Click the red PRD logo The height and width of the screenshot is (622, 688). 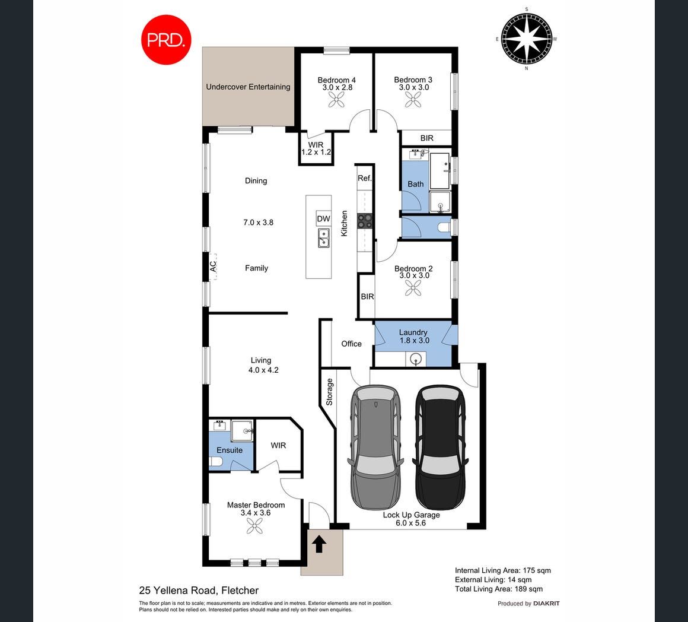[x=166, y=40]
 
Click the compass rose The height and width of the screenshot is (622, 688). [x=527, y=39]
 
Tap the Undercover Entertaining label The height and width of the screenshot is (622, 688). [x=248, y=87]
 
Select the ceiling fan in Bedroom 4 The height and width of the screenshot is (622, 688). [x=336, y=100]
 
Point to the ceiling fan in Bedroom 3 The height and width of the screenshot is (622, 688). [x=413, y=100]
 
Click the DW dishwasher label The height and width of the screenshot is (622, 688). [x=323, y=218]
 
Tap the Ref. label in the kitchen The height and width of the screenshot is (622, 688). [x=365, y=178]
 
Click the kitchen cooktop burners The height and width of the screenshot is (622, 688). [x=365, y=221]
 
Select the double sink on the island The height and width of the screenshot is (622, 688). [x=324, y=238]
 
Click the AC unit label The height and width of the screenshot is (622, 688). [x=213, y=266]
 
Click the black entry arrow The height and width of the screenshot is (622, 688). [x=319, y=544]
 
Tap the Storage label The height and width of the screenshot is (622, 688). [x=330, y=392]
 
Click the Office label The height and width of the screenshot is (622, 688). [x=352, y=344]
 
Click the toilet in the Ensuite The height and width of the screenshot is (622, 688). [x=215, y=462]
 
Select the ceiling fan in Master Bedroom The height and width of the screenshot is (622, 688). [x=254, y=525]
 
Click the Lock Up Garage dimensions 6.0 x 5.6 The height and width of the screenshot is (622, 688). [x=410, y=523]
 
